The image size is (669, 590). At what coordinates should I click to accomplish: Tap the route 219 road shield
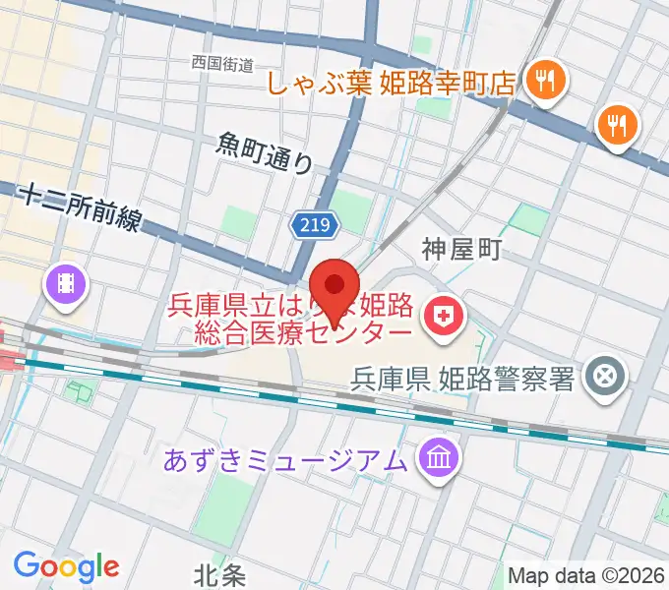click(x=314, y=226)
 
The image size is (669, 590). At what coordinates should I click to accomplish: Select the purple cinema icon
click(x=67, y=284)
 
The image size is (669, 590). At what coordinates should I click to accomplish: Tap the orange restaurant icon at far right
click(x=618, y=124)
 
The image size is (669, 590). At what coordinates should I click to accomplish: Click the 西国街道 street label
click(x=223, y=64)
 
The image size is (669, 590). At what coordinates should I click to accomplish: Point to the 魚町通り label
click(x=264, y=152)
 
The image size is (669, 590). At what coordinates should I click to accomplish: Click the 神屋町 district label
click(x=462, y=250)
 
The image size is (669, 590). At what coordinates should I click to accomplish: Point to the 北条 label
click(x=218, y=573)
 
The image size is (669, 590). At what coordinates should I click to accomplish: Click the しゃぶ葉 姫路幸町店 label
click(x=392, y=83)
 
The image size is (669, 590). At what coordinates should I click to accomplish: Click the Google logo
click(x=66, y=565)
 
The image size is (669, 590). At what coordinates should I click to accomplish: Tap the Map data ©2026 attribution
click(x=585, y=574)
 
